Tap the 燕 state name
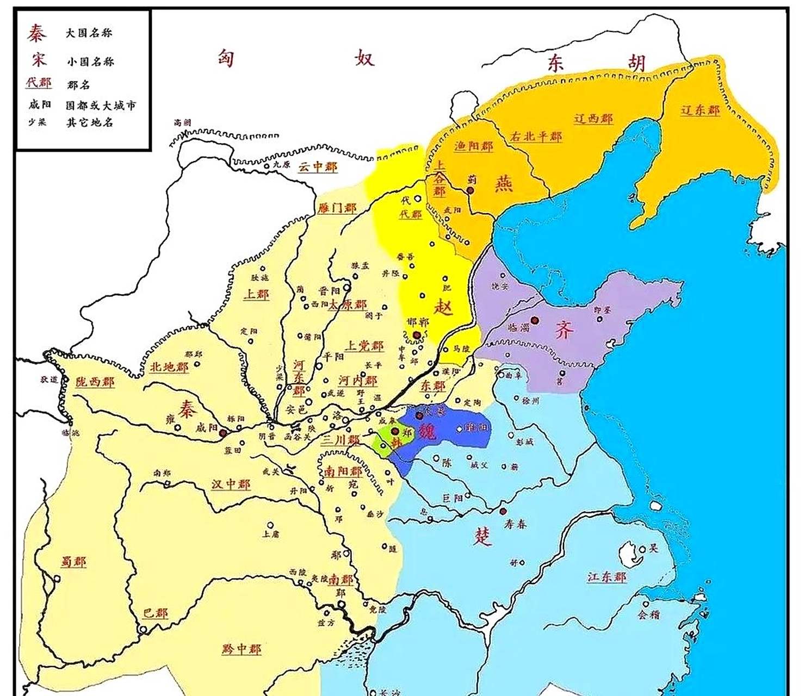click(x=504, y=184)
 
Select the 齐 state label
click(x=564, y=330)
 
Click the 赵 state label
click(x=443, y=307)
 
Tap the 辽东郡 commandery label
click(x=700, y=110)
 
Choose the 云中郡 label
click(x=318, y=167)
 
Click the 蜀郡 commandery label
click(x=73, y=562)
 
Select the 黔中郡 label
click(x=241, y=649)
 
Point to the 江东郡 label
click(x=607, y=576)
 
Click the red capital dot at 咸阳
click(x=222, y=433)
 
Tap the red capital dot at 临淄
click(x=535, y=321)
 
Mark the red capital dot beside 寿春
click(x=503, y=511)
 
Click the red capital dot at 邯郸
click(x=417, y=335)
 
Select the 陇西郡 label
click(x=95, y=381)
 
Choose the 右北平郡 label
click(x=536, y=136)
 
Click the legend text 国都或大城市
click(x=101, y=105)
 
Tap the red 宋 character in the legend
click(x=38, y=60)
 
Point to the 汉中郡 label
click(x=231, y=483)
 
